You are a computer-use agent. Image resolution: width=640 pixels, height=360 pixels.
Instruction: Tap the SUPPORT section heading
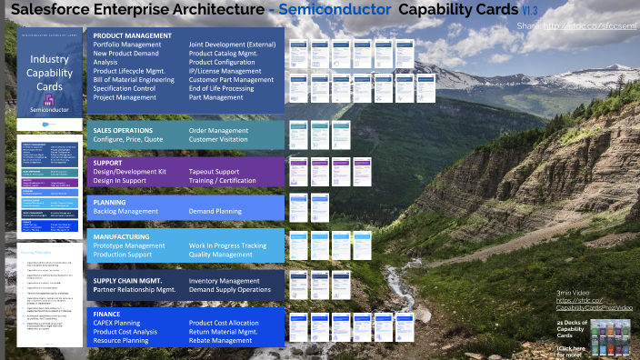click(108, 163)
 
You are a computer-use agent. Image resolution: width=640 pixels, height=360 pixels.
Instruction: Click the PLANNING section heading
click(110, 201)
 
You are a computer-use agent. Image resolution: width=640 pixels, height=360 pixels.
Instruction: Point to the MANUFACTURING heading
click(122, 236)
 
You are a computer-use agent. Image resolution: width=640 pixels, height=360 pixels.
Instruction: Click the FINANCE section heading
click(107, 314)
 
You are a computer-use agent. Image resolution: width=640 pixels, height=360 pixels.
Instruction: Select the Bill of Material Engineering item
click(134, 79)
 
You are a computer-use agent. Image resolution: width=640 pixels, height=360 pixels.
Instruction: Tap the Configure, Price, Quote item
click(128, 140)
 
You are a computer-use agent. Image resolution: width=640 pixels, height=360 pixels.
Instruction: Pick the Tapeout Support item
click(215, 172)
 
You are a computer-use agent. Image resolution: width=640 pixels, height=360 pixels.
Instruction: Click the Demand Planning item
click(215, 210)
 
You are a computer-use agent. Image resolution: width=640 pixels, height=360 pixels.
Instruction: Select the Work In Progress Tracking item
click(228, 245)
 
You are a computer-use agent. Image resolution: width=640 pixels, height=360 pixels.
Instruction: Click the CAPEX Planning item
click(116, 323)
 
